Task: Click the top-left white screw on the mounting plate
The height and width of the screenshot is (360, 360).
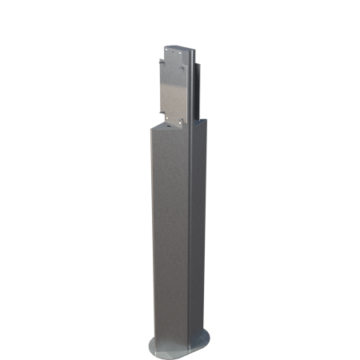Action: pyautogui.click(x=166, y=50)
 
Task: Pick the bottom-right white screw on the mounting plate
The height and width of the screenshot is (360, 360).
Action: pyautogui.click(x=182, y=121)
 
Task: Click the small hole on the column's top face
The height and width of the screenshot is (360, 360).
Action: pyautogui.click(x=169, y=125)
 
